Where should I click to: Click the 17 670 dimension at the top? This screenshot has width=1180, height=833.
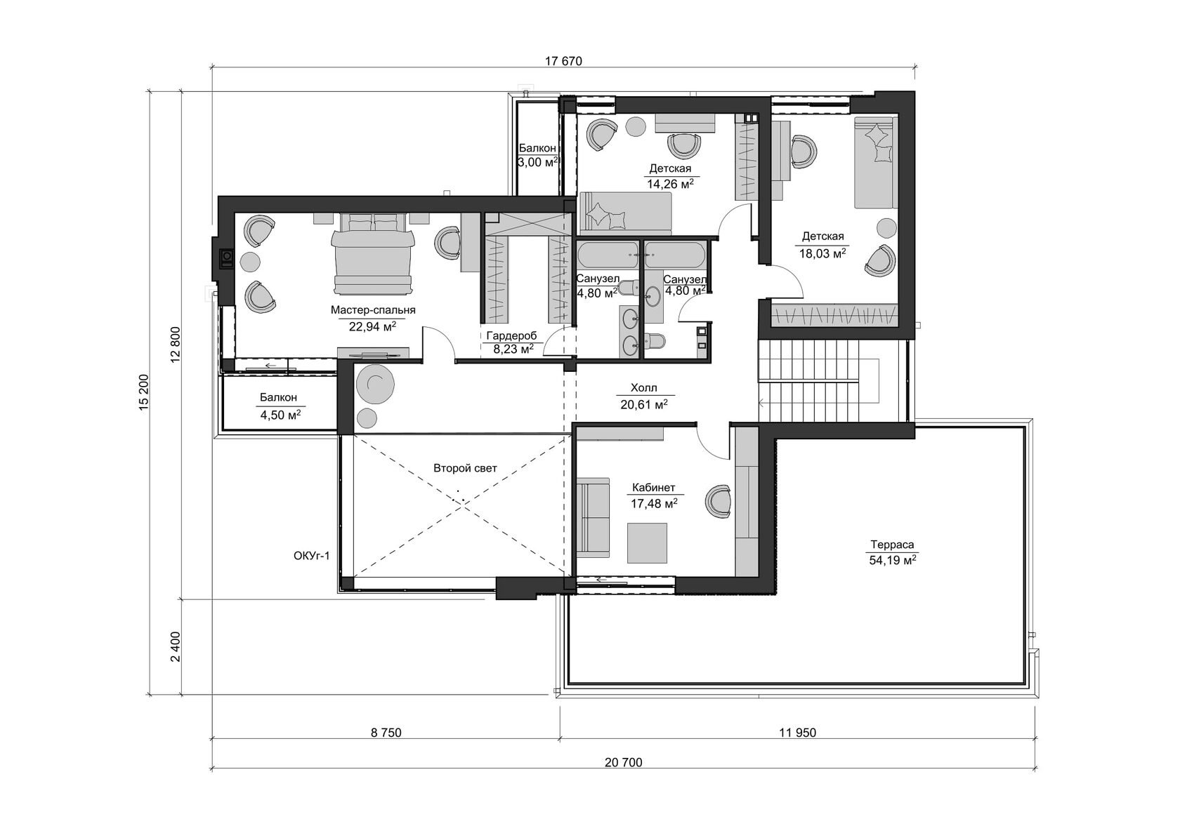click(563, 61)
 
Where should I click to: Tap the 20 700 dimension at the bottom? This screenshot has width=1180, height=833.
click(623, 763)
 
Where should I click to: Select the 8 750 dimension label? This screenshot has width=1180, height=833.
click(386, 733)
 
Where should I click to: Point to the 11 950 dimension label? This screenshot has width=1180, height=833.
click(798, 733)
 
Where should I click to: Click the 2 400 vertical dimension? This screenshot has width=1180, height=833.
click(176, 647)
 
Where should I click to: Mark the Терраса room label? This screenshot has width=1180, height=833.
click(892, 545)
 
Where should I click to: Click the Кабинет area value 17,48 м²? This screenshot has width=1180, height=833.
click(654, 504)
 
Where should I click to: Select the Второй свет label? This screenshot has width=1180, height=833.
click(465, 468)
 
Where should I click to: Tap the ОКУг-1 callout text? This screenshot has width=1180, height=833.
click(311, 556)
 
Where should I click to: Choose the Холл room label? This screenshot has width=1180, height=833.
click(643, 388)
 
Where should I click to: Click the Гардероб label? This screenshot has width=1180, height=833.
click(511, 335)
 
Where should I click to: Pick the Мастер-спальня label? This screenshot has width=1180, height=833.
click(373, 310)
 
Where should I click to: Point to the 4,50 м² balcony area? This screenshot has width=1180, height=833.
click(280, 415)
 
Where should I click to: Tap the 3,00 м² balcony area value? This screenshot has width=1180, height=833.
click(537, 162)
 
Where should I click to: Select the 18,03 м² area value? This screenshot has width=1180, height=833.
click(822, 253)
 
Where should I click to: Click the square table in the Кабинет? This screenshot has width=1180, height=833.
click(647, 542)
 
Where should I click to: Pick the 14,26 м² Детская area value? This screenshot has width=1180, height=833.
click(670, 184)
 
